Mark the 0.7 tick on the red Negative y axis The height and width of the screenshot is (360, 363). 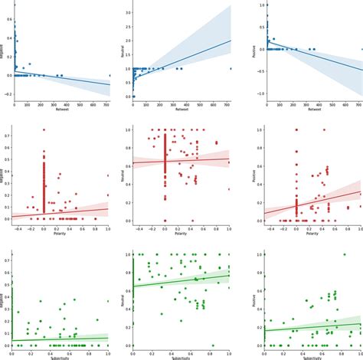click(x=7, y=136)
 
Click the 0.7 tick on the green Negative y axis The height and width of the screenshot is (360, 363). click(x=7, y=260)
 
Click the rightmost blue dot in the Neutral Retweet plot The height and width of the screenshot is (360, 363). click(x=231, y=69)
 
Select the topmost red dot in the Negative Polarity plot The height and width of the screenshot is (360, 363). click(x=43, y=129)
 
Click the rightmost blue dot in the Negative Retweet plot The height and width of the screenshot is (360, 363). click(x=110, y=76)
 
